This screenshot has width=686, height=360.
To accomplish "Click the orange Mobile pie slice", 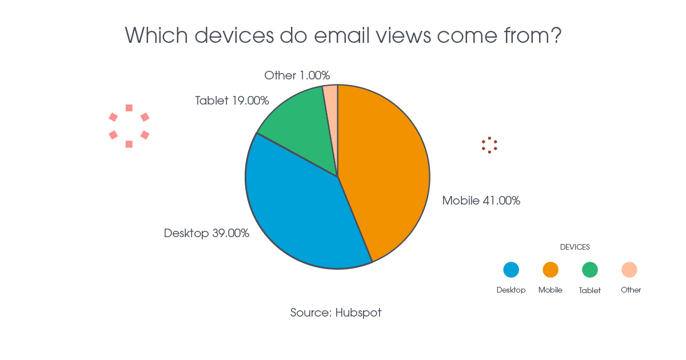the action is coord(386,171).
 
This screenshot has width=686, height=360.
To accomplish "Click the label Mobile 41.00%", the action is coord(481,201).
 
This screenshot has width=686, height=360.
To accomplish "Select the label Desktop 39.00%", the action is coord(206,233).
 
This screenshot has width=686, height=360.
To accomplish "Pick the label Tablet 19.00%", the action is coord(232,101).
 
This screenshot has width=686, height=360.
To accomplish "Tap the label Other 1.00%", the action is coord(297,75).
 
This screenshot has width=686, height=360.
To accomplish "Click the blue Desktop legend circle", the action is coord(511,270).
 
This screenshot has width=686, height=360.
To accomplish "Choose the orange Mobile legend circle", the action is coord(551,270).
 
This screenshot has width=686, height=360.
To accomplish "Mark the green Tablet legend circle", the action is coord(590,270).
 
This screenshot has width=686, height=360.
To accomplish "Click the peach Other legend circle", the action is coord(629,270).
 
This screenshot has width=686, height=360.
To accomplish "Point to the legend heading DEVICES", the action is coord(575,247).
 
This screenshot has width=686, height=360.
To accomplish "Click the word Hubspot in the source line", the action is coord(358,313).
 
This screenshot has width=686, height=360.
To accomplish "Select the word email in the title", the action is coord(342,35).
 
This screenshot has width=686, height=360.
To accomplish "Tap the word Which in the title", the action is coord(156,35).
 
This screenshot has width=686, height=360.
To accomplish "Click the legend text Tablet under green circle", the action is coord(589,290).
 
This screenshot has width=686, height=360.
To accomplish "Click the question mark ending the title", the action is coord(556,35).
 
